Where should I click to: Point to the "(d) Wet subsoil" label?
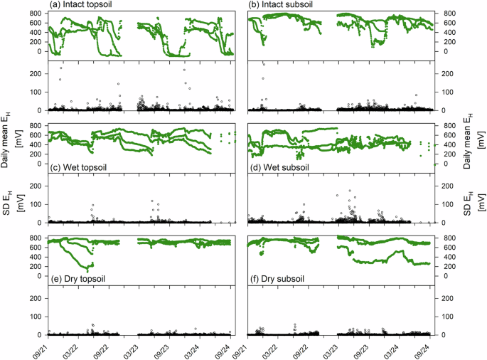click(x=282, y=168)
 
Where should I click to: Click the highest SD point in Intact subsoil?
click(x=264, y=65)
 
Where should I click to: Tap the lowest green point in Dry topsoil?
click(x=87, y=271)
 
